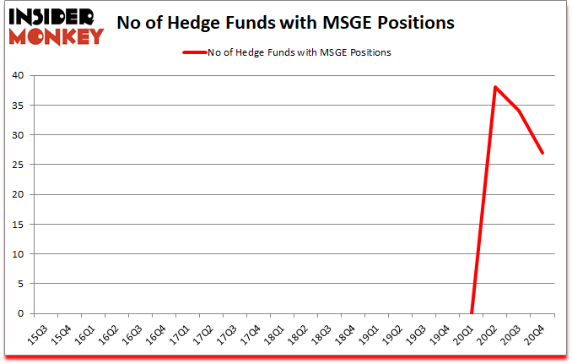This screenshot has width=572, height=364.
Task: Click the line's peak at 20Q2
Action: coord(495,88)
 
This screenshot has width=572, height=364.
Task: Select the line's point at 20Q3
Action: coord(519,111)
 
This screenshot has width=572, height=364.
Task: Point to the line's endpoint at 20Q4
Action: coord(542,153)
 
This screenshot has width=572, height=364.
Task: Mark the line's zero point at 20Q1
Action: coord(472,312)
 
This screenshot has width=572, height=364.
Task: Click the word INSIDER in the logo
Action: coord(54,15)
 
